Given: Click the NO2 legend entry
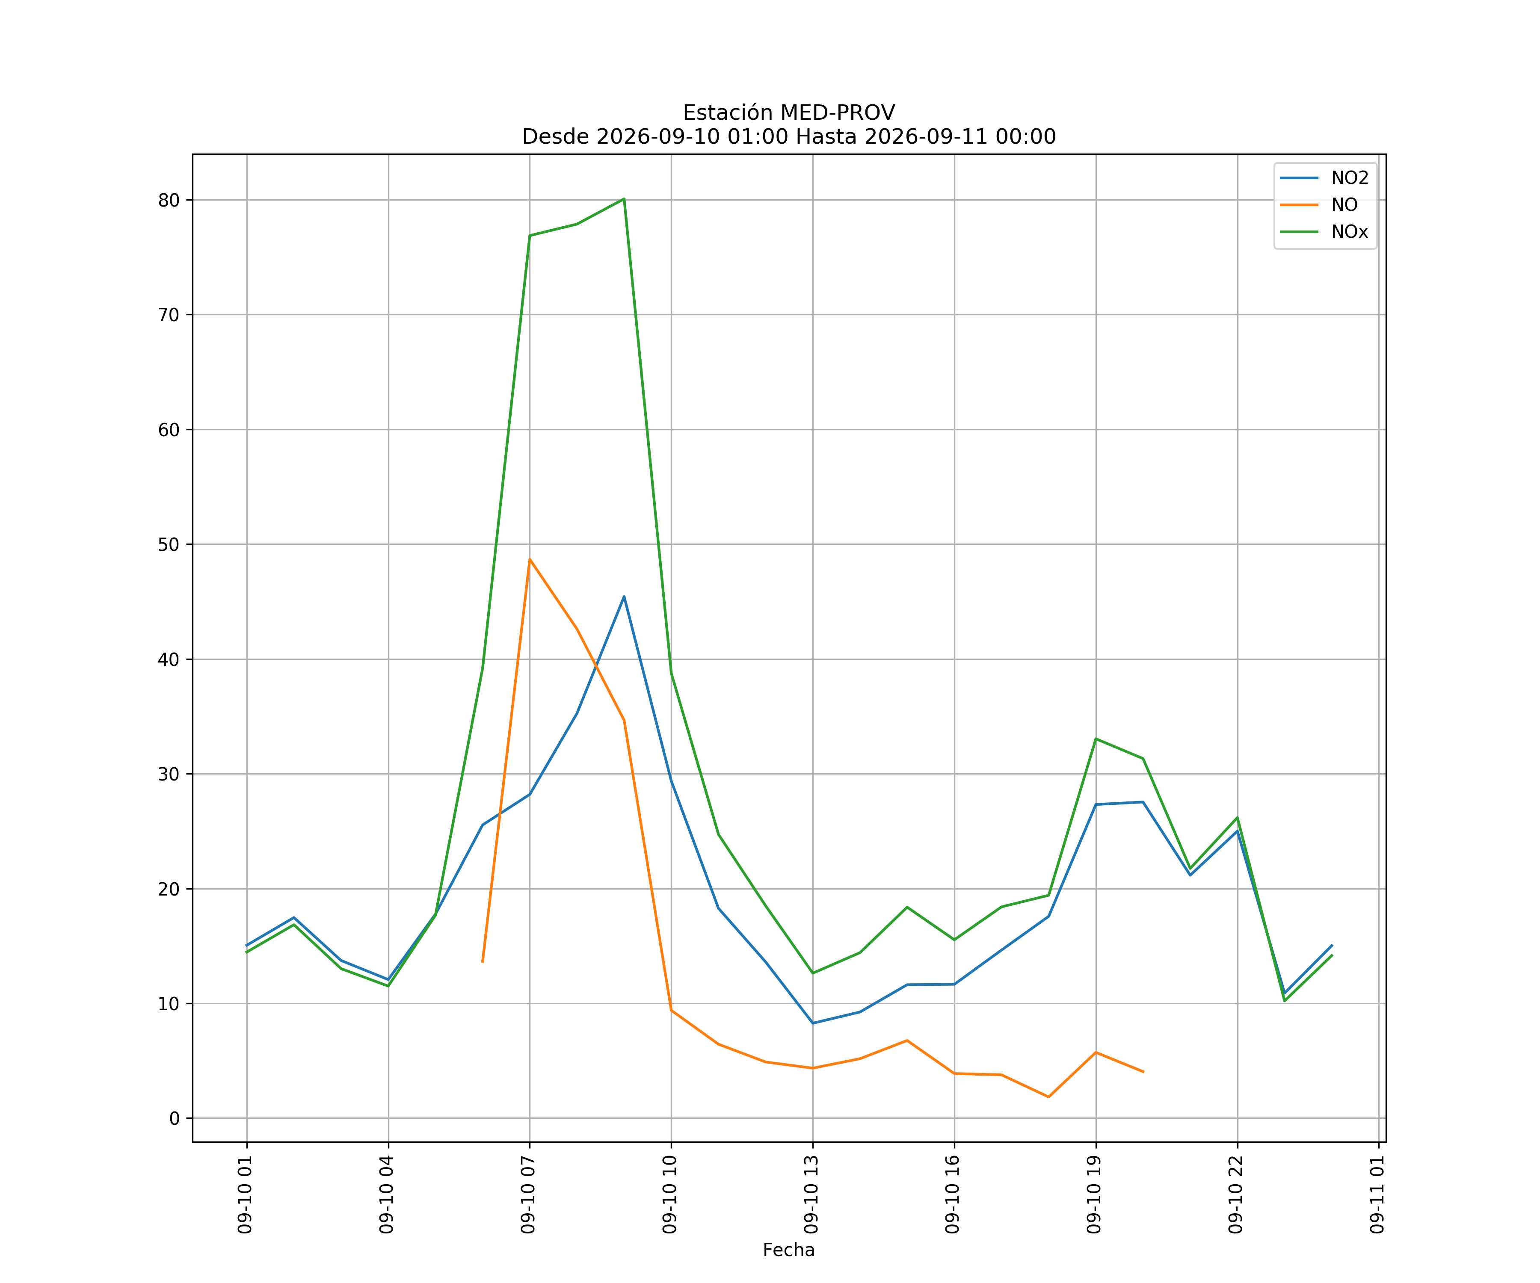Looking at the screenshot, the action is pyautogui.click(x=1324, y=178).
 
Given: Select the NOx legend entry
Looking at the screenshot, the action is pyautogui.click(x=1324, y=232).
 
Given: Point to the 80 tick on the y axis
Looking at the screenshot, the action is pyautogui.click(x=169, y=200).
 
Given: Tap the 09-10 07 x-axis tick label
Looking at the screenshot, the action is pyautogui.click(x=529, y=1194).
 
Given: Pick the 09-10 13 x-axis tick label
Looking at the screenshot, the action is pyautogui.click(x=812, y=1194).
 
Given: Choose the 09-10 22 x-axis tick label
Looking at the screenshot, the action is pyautogui.click(x=1236, y=1194).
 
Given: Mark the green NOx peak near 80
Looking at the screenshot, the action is pyautogui.click(x=624, y=199).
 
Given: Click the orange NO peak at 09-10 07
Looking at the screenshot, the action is pyautogui.click(x=530, y=559).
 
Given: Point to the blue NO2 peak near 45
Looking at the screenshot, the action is pyautogui.click(x=624, y=597).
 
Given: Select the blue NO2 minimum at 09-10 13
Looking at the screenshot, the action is pyautogui.click(x=812, y=1023).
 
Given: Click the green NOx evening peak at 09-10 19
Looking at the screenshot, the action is pyautogui.click(x=1096, y=738).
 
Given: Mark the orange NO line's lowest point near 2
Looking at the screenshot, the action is pyautogui.click(x=1048, y=1097).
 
